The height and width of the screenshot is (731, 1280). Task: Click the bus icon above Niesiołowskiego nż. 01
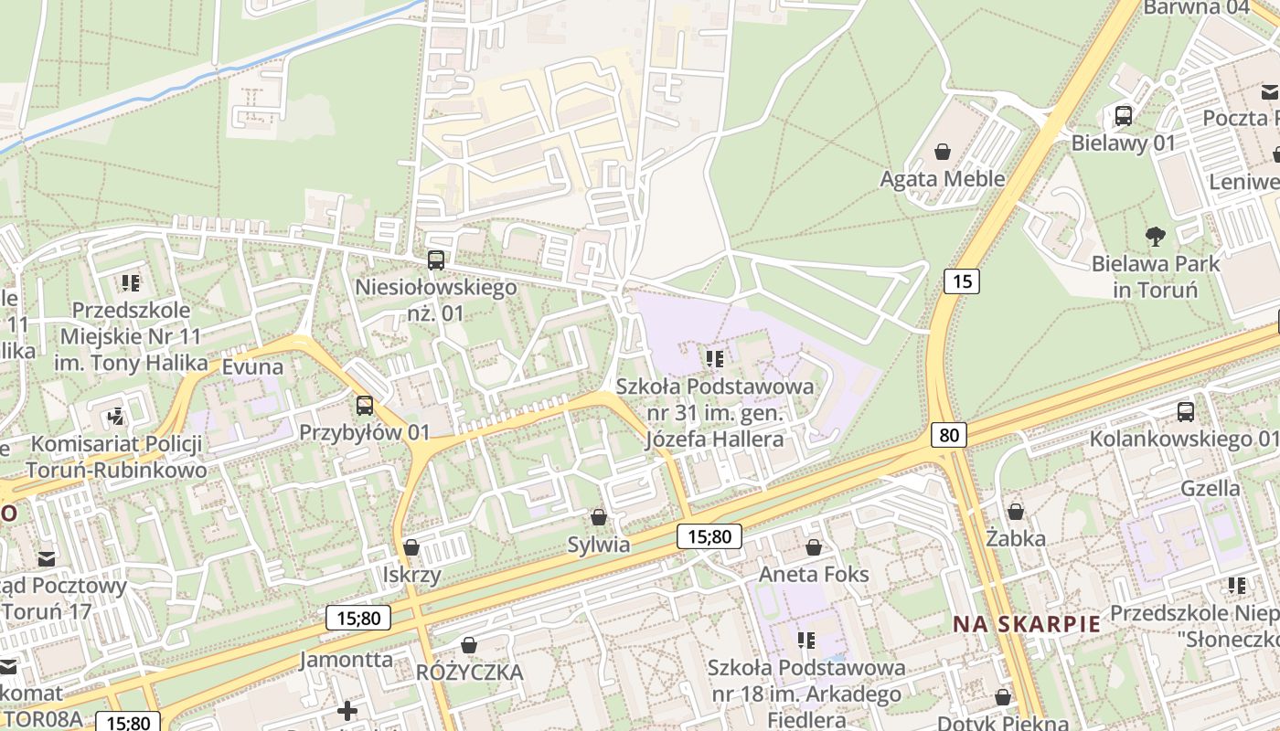click(436, 260)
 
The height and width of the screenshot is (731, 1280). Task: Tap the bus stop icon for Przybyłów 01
click(365, 405)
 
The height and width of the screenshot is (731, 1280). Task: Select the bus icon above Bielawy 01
click(1124, 116)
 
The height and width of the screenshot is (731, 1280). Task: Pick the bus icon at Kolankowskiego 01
click(1186, 412)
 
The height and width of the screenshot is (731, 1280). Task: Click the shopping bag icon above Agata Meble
click(943, 152)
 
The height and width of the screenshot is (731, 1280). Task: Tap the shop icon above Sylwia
click(599, 518)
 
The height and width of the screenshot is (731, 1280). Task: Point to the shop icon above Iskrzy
click(411, 547)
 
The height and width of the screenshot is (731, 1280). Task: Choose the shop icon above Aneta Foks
click(814, 547)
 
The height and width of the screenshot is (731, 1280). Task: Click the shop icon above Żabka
click(1016, 512)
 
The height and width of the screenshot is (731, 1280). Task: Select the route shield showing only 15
click(962, 281)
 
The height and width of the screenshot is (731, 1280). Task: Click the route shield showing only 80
click(949, 434)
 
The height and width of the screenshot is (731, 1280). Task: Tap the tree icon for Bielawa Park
click(1155, 237)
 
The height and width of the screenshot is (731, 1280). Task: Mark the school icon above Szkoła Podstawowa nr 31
click(715, 359)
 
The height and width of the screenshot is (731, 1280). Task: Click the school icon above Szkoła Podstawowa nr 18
click(805, 641)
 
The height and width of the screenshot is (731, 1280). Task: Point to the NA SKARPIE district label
click(1027, 624)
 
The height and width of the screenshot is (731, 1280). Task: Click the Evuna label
click(252, 366)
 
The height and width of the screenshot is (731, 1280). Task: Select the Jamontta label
click(347, 659)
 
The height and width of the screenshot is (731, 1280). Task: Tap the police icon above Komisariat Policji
click(115, 417)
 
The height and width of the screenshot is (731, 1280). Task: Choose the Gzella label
click(1210, 488)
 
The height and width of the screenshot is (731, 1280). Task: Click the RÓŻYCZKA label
click(469, 673)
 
